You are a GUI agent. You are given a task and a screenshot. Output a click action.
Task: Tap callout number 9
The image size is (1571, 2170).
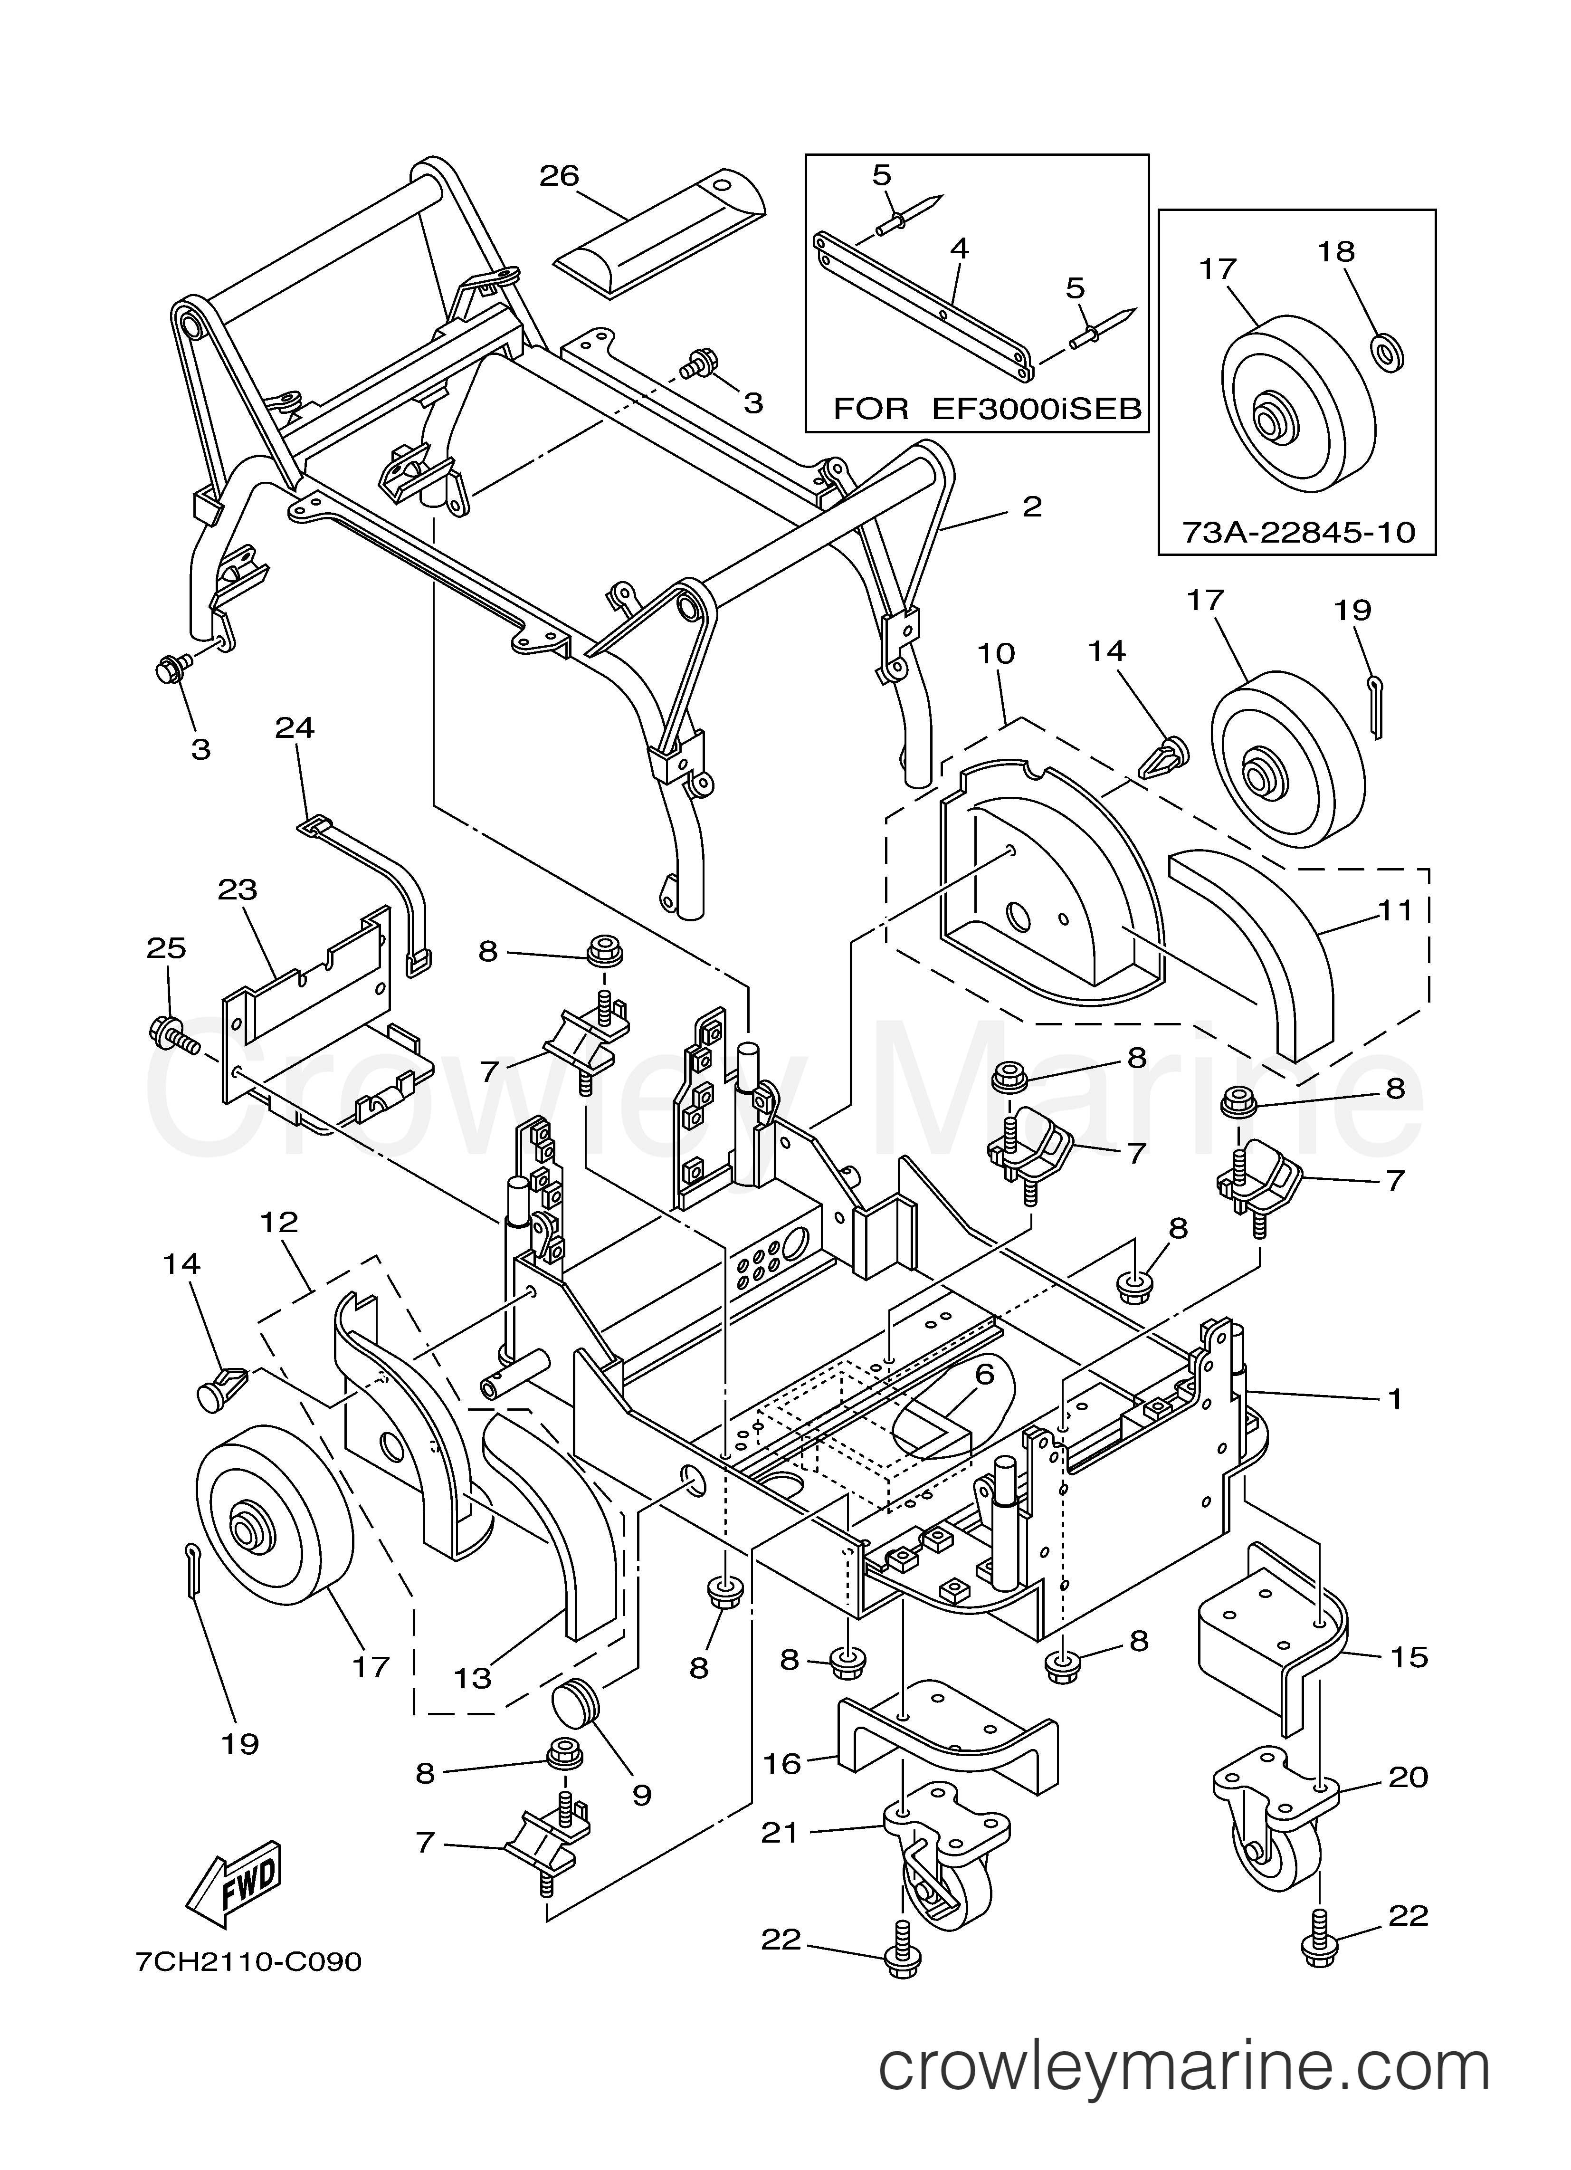click(x=641, y=1795)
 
